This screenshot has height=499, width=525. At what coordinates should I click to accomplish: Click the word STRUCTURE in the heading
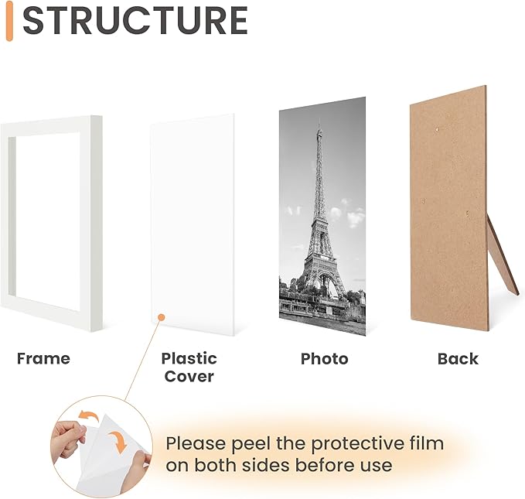[x=135, y=21]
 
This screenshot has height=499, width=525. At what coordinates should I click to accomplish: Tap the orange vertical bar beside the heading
[x=9, y=22]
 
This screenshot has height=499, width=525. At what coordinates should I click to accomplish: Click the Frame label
[x=43, y=358]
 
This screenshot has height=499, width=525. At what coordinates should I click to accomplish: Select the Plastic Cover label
[x=189, y=367]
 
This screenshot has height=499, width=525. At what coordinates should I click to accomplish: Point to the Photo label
[x=324, y=359]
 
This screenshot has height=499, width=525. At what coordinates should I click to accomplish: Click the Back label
[x=458, y=359]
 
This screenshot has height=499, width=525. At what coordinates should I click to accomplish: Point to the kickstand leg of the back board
[x=503, y=259]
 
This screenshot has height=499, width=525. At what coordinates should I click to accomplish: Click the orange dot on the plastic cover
[x=160, y=316]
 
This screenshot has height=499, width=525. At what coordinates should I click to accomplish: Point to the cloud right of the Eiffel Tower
[x=354, y=217]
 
